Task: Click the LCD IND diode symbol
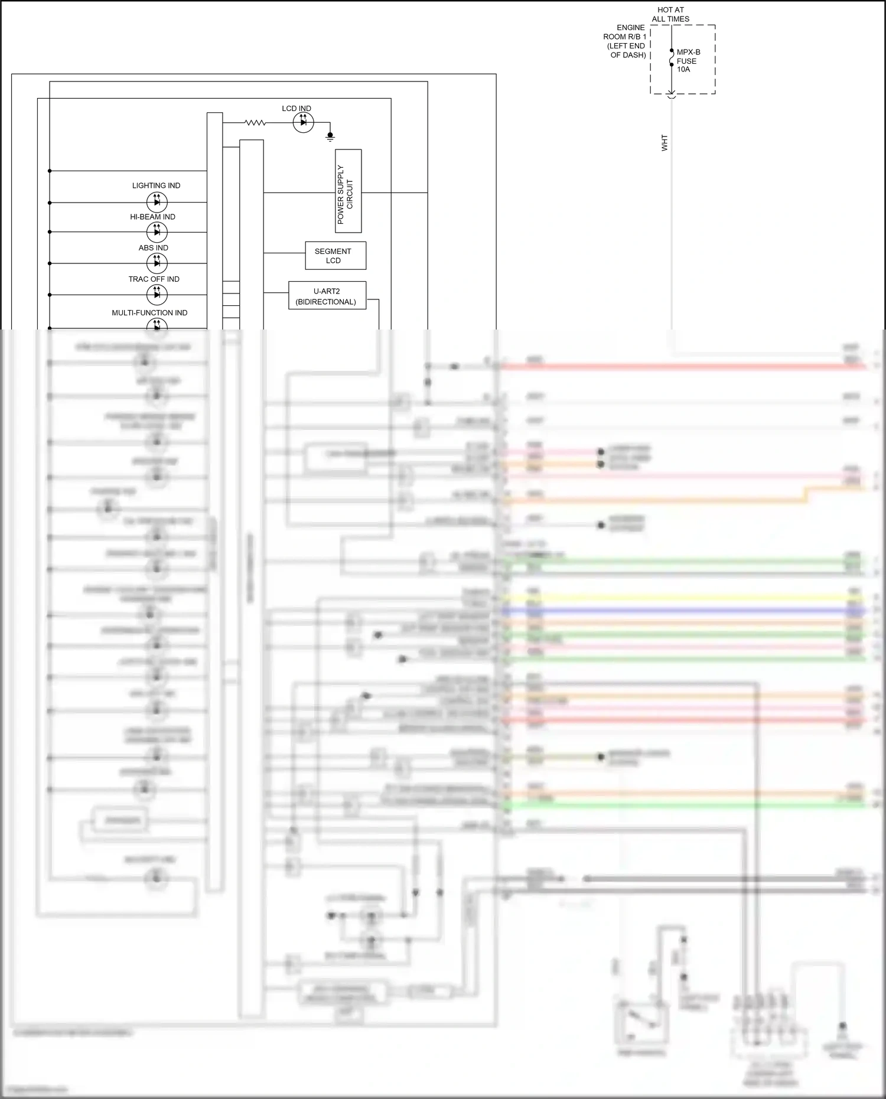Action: pyautogui.click(x=304, y=123)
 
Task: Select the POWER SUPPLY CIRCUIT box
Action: pyautogui.click(x=348, y=191)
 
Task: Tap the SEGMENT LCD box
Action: pyautogui.click(x=335, y=256)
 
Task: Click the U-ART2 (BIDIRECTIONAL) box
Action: pyautogui.click(x=327, y=296)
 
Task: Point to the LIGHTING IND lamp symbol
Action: pyautogui.click(x=157, y=202)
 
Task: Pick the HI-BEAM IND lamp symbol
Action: pyautogui.click(x=157, y=232)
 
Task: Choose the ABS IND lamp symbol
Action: pyautogui.click(x=157, y=263)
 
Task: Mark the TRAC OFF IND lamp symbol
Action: pyautogui.click(x=157, y=294)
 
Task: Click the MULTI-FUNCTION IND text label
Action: pyautogui.click(x=149, y=313)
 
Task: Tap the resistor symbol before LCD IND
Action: pyautogui.click(x=255, y=123)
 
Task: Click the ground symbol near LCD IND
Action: pyautogui.click(x=330, y=137)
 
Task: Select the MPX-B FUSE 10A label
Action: pyautogui.click(x=688, y=61)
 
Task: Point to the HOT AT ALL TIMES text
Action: pyautogui.click(x=670, y=14)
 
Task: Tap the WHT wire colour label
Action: pyautogui.click(x=664, y=142)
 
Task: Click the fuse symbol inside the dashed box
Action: pyautogui.click(x=672, y=58)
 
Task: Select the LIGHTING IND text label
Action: pyautogui.click(x=156, y=185)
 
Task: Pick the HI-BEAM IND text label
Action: pyautogui.click(x=152, y=217)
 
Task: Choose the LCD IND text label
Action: pyautogui.click(x=297, y=109)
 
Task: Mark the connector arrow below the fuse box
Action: pyautogui.click(x=672, y=95)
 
